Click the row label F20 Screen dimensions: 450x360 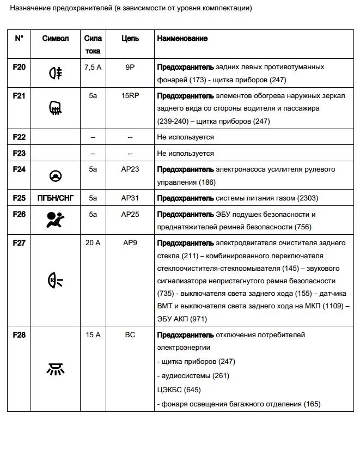(19, 66)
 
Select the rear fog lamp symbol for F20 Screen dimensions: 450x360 (56, 73)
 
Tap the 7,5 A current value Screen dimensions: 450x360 (93, 66)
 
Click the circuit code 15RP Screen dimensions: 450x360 (130, 96)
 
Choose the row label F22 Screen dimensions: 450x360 (19, 137)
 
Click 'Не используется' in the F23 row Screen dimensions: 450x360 (185, 153)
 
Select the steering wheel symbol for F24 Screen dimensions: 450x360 (56, 176)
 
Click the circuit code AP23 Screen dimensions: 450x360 (130, 169)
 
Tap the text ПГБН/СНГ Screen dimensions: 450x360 (56, 198)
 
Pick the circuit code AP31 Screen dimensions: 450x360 (130, 198)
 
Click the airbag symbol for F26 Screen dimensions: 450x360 (56, 221)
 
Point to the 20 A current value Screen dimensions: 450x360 (93, 242)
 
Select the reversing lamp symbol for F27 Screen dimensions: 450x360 (56, 281)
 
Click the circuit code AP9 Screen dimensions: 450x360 (130, 242)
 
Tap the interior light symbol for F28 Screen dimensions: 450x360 (56, 370)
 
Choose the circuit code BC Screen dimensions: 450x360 (130, 335)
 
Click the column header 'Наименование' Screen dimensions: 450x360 (182, 39)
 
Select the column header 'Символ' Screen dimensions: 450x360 (56, 39)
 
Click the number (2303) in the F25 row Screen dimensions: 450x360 (307, 198)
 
